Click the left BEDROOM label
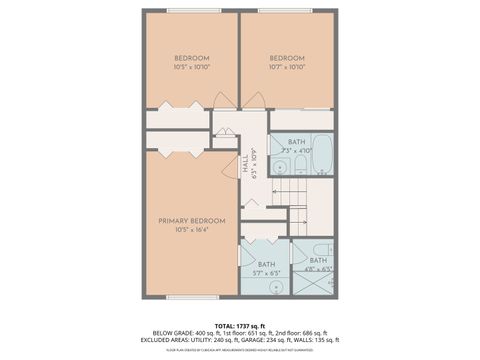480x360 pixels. click(x=191, y=58)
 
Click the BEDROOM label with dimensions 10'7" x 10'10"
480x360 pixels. click(x=287, y=58)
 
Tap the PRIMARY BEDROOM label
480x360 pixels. click(x=191, y=220)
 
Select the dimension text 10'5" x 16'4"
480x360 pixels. click(x=191, y=230)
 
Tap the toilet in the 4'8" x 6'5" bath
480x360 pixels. click(x=319, y=250)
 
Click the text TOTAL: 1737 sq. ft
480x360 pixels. click(x=239, y=326)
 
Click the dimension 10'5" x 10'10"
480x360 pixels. click(x=191, y=67)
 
